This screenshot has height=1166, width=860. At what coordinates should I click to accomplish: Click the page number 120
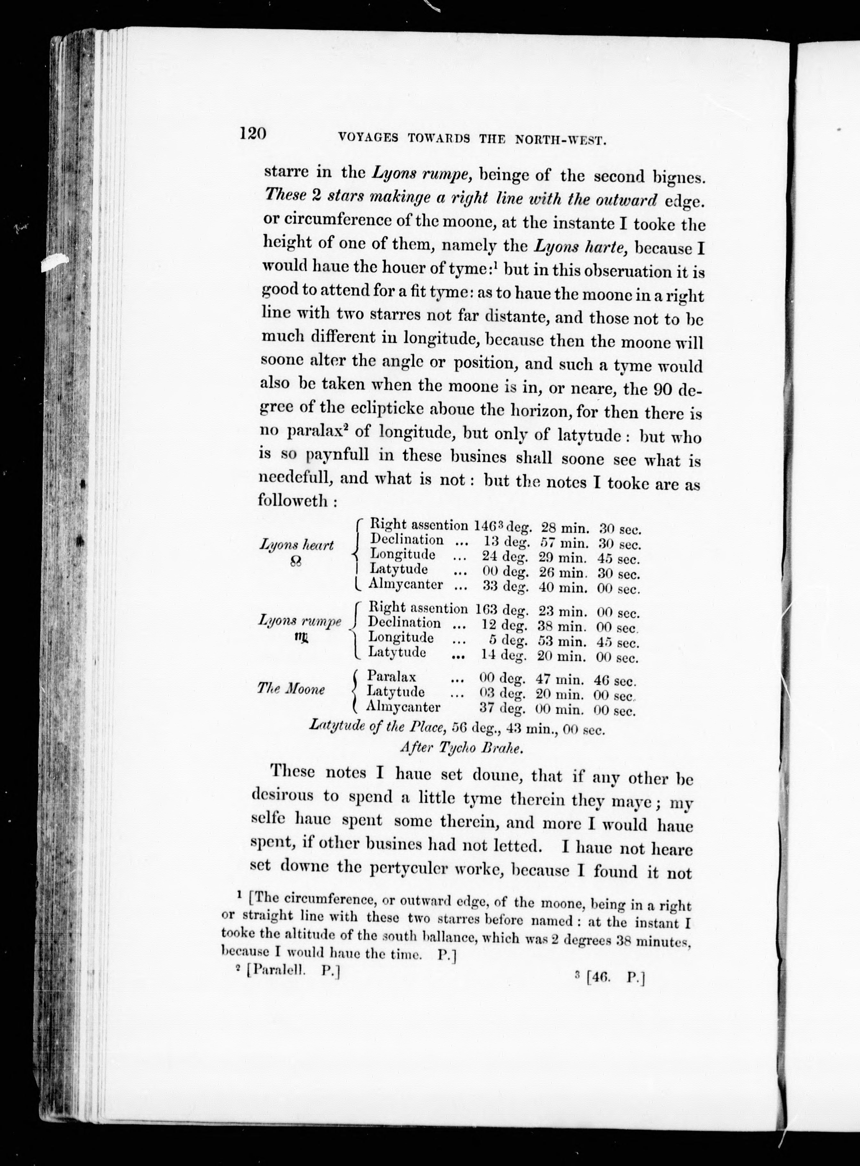coord(253,134)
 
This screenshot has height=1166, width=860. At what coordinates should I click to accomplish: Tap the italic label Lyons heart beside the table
coord(296,545)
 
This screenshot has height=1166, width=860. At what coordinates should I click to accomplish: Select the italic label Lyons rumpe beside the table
coord(300,621)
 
